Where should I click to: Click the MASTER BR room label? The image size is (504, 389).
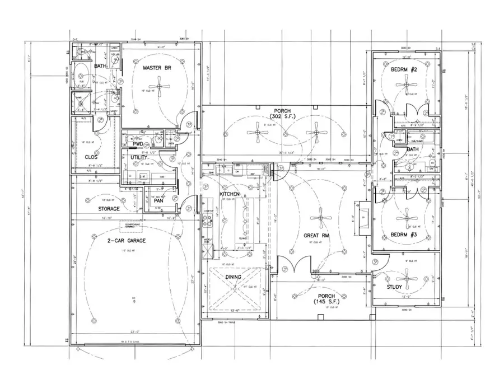click(156, 68)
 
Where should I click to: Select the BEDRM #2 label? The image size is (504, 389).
click(405, 70)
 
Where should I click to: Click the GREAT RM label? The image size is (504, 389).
click(315, 236)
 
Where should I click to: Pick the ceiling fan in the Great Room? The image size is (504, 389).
click(320, 219)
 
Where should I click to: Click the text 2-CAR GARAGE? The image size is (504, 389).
click(127, 240)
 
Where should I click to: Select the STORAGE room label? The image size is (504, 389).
click(109, 209)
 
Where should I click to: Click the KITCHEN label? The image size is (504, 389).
click(230, 194)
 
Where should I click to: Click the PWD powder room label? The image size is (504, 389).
click(137, 144)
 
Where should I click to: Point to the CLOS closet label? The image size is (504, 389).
click(91, 157)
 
